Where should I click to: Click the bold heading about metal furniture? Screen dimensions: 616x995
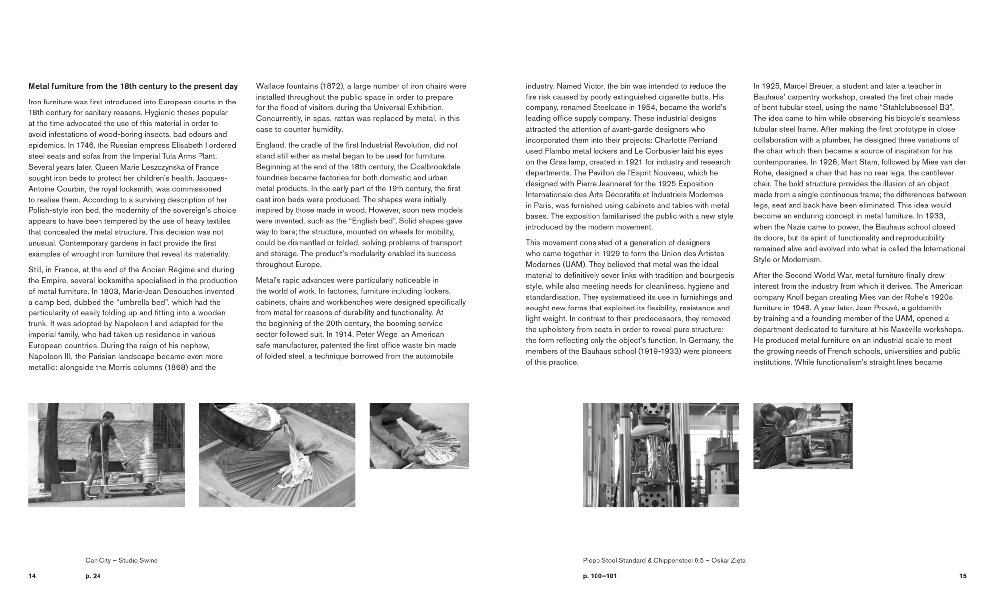[x=133, y=86]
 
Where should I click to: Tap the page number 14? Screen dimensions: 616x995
[x=32, y=576]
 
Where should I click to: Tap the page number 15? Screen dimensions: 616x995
[x=963, y=576]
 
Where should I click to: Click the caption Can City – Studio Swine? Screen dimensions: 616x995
[x=121, y=560]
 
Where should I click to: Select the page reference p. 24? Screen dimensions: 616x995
[x=93, y=576]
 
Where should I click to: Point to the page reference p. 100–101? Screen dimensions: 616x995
[x=600, y=576]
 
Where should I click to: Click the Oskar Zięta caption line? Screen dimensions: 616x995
[x=664, y=560]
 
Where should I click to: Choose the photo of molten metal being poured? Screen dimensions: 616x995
[x=277, y=455]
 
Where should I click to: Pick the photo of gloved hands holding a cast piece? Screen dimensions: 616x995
[x=419, y=435]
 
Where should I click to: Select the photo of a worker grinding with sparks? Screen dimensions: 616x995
[x=802, y=435]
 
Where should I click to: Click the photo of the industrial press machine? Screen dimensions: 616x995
[x=661, y=455]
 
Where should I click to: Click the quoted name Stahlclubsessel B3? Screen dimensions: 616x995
[x=917, y=107]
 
